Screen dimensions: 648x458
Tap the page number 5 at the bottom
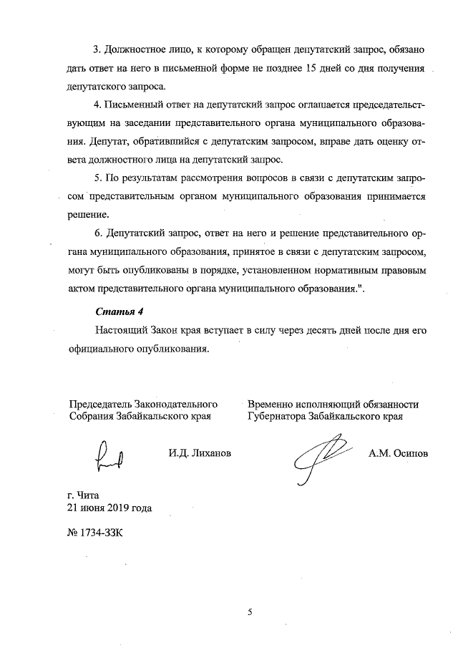click(x=250, y=612)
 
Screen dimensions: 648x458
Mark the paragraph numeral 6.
click(x=99, y=234)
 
